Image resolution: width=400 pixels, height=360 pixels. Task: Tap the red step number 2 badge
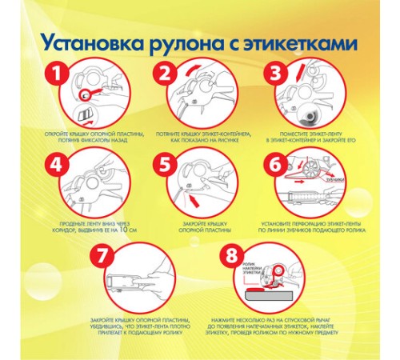point(165,76)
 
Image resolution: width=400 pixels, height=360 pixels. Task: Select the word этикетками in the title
point(304,41)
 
